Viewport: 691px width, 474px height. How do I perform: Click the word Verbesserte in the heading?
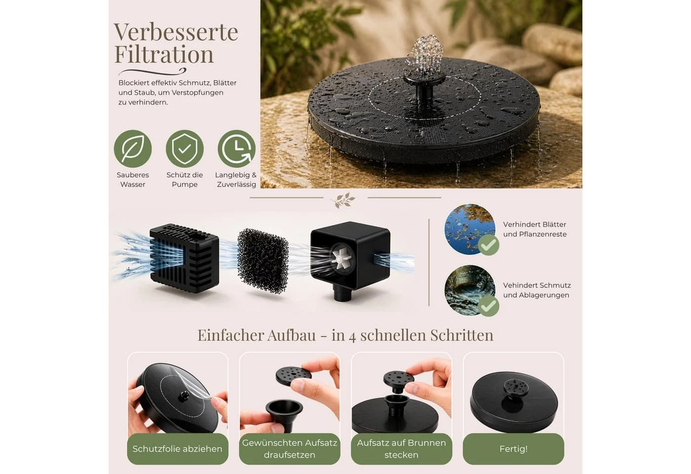pyautogui.click(x=176, y=32)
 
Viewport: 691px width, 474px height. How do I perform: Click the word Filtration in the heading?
pyautogui.click(x=164, y=54)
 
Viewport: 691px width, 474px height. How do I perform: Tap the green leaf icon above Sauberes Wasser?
pyautogui.click(x=133, y=149)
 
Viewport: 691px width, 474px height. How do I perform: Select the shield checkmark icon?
pyautogui.click(x=185, y=149)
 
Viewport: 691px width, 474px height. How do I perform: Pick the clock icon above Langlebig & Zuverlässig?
pyautogui.click(x=236, y=149)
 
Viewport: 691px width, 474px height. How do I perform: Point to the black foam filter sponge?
pyautogui.click(x=263, y=261)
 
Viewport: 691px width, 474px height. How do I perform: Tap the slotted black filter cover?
pyautogui.click(x=185, y=258)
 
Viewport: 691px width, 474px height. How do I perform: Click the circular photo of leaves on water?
pyautogui.click(x=469, y=229)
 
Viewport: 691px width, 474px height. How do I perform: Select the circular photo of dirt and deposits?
pyautogui.click(x=469, y=290)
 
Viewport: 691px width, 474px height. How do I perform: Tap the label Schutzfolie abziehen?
pyautogui.click(x=177, y=449)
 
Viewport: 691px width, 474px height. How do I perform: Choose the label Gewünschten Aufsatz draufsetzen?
pyautogui.click(x=289, y=449)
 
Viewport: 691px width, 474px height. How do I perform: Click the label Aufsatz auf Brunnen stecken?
pyautogui.click(x=401, y=449)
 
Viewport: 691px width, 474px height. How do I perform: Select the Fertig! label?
pyautogui.click(x=513, y=449)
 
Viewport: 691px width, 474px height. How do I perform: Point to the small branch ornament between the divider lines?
pyautogui.click(x=344, y=200)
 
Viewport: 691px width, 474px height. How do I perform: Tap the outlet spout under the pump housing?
pyautogui.click(x=343, y=293)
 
